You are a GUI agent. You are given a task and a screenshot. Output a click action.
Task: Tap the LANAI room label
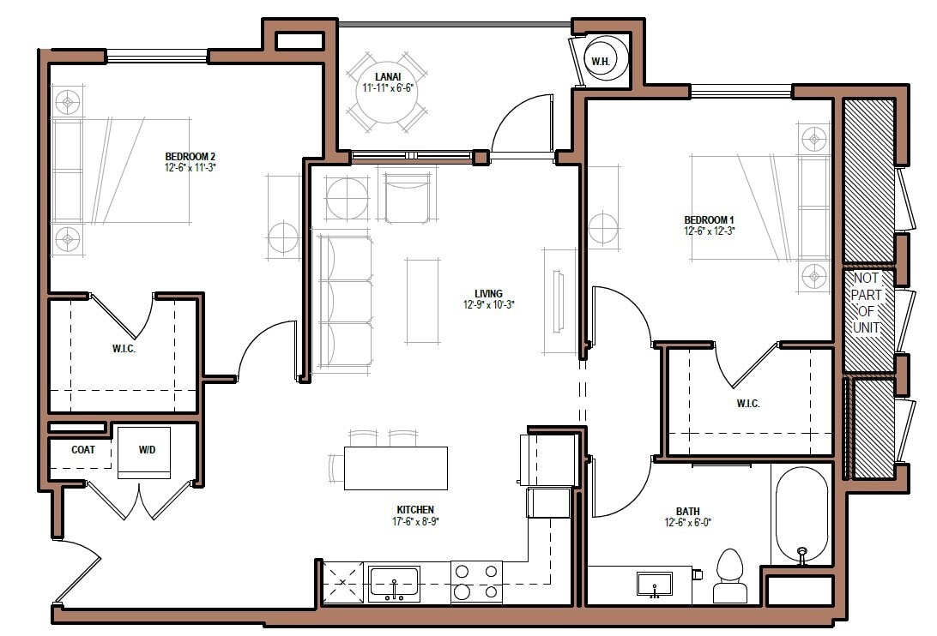click(x=382, y=77)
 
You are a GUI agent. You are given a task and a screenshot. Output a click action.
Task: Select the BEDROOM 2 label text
click(x=190, y=157)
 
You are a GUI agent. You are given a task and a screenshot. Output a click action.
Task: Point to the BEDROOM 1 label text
click(x=709, y=219)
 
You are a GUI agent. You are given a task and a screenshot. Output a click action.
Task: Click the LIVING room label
click(x=488, y=293)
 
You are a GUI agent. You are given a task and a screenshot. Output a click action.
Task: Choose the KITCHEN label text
click(x=415, y=509)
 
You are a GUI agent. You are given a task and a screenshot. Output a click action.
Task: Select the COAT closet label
click(x=82, y=449)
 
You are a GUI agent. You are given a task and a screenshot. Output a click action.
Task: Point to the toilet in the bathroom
click(x=730, y=576)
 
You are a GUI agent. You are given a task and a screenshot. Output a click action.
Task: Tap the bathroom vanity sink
click(x=654, y=585)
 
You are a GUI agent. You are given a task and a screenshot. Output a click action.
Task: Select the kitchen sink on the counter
click(x=394, y=584)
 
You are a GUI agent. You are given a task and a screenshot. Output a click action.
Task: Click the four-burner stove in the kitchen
click(x=476, y=581)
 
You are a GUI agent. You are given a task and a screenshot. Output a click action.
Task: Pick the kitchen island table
click(x=396, y=468)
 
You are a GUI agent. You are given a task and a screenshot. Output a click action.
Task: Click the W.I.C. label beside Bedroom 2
click(x=124, y=350)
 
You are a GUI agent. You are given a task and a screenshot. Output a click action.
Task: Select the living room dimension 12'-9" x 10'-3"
click(x=488, y=304)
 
